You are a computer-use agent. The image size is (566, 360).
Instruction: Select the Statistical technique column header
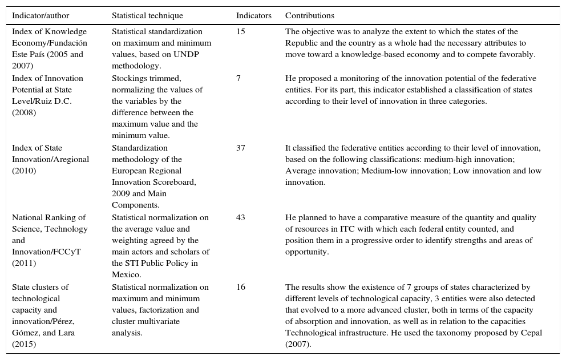pos(147,16)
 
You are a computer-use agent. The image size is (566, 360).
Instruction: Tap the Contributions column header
pos(310,16)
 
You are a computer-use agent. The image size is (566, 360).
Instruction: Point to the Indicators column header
pos(254,16)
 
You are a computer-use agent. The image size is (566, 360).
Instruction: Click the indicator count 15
pos(241,32)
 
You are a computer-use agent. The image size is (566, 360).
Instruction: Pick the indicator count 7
pos(238,79)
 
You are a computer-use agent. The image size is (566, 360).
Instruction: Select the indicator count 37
pos(241,148)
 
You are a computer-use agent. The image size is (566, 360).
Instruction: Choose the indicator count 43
pos(241,218)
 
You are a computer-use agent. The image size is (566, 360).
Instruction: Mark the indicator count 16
pos(241,288)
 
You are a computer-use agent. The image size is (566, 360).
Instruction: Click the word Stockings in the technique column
pos(129,79)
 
